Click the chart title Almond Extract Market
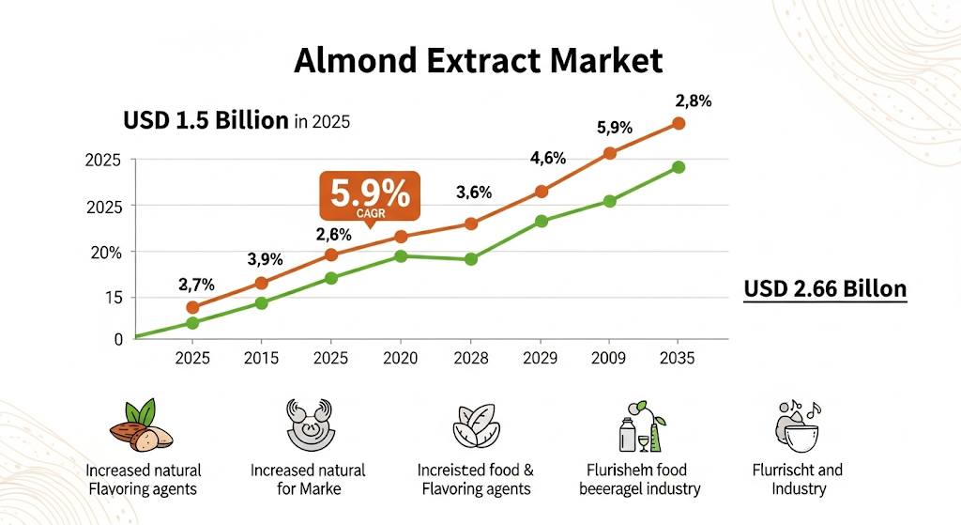(x=479, y=61)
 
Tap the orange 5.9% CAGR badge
(x=371, y=198)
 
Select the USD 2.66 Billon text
(x=825, y=288)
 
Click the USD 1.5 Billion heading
(x=206, y=121)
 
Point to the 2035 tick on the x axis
(x=678, y=358)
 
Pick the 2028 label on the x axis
(x=471, y=358)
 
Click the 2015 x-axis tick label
(x=261, y=358)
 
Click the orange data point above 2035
(x=679, y=123)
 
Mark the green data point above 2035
(x=679, y=167)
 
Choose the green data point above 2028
(x=471, y=258)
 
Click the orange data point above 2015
(x=262, y=283)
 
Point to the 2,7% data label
(x=197, y=284)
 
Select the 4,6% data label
(x=548, y=158)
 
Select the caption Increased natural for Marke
(x=308, y=479)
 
